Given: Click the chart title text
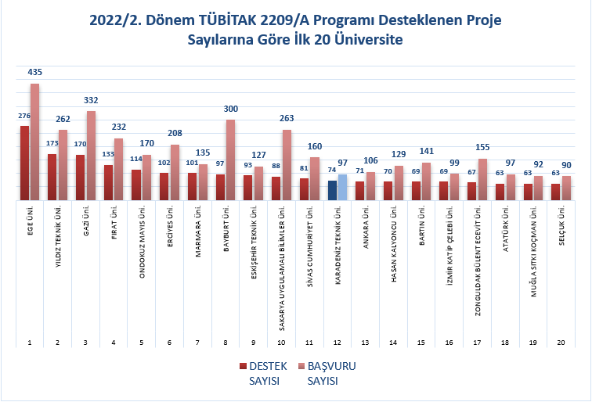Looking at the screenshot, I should (295, 31).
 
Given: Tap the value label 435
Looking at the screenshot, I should (34, 72).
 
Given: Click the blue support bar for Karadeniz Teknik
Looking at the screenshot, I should (332, 191).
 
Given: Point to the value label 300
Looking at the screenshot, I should (230, 110).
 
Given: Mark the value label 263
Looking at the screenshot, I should (287, 120).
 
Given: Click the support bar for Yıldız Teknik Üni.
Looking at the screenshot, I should (52, 178).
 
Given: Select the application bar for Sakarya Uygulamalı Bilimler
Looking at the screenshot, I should (287, 166).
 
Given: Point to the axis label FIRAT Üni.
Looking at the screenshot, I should (114, 222).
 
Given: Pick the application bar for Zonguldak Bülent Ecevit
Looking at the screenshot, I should (482, 180).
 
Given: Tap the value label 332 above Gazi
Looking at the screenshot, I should (91, 100).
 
